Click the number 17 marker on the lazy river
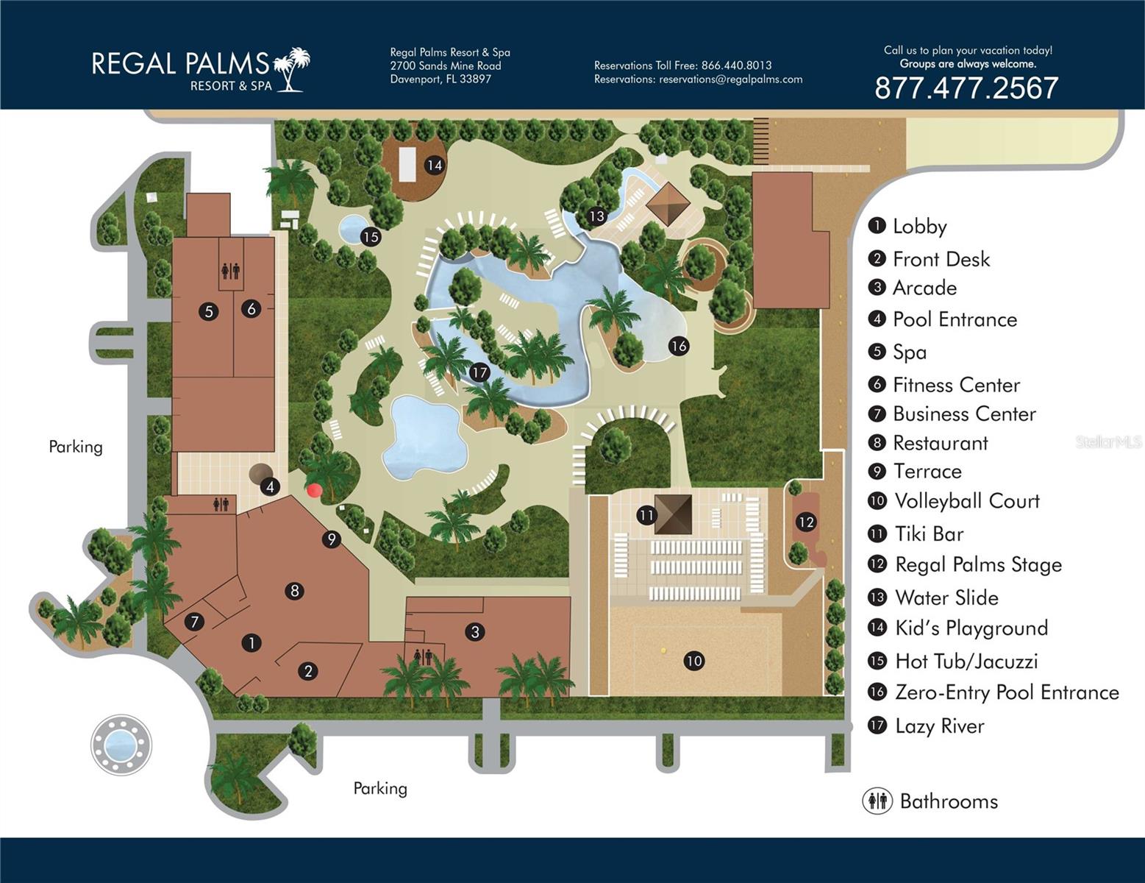[479, 372]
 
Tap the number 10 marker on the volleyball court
[693, 661]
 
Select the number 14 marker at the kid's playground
[435, 165]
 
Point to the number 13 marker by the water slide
[596, 216]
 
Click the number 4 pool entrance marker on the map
[271, 486]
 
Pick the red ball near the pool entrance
[315, 490]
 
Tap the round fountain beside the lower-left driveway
[121, 744]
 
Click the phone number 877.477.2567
[966, 88]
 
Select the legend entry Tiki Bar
[928, 533]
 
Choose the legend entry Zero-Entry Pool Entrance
[1006, 692]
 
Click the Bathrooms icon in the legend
[877, 801]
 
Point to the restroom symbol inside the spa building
[230, 271]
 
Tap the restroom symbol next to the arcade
[424, 656]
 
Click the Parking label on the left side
[76, 447]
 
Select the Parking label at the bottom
[380, 788]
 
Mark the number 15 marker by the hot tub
[370, 236]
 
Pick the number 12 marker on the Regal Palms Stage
[806, 522]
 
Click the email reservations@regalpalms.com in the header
[730, 79]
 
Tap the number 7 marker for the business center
[195, 622]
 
